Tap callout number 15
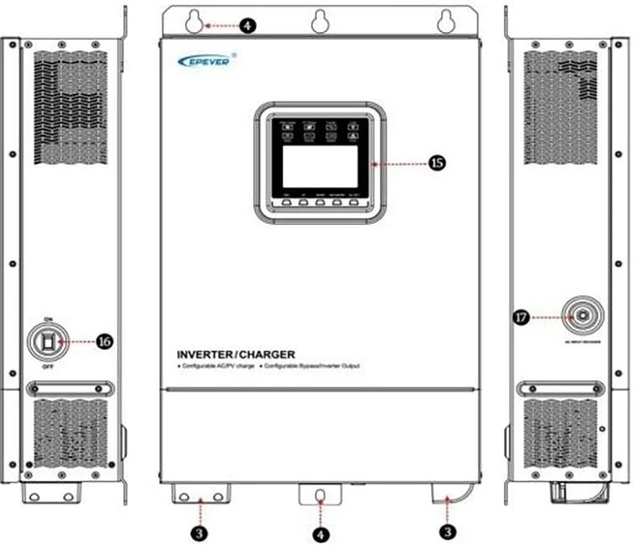tap(437, 163)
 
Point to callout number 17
tap(521, 318)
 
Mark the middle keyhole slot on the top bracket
tap(319, 24)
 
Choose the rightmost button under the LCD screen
tap(353, 203)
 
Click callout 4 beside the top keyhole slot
tap(246, 26)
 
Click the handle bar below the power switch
tap(67, 389)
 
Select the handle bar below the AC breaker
tap(563, 389)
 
